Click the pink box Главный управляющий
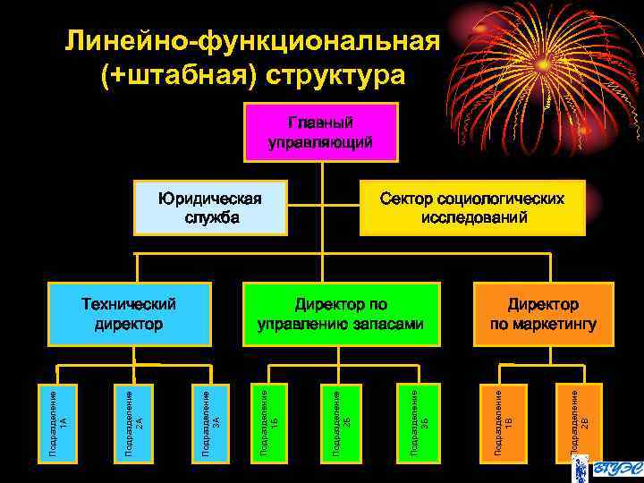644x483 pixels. (x=321, y=131)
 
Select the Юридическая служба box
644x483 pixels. (x=210, y=208)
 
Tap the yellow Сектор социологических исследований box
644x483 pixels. (x=472, y=208)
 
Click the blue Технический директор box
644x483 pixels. (x=129, y=314)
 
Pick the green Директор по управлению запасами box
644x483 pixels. (x=342, y=314)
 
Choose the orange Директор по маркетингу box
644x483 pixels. (x=544, y=314)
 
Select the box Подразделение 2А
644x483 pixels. (x=134, y=423)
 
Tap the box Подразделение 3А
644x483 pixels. (x=211, y=423)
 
